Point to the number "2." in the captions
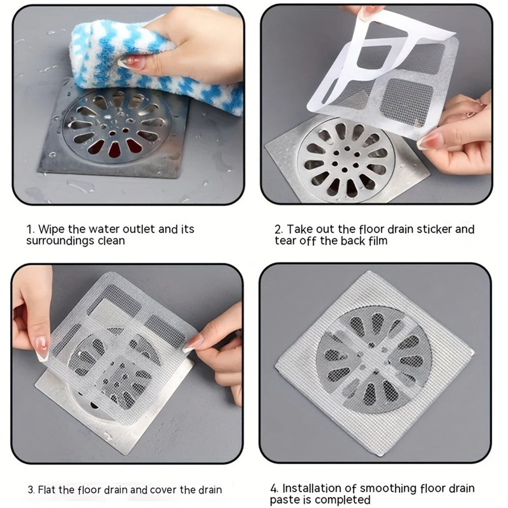tap(279, 230)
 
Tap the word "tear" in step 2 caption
tap(285, 241)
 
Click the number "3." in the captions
tap(31, 490)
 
